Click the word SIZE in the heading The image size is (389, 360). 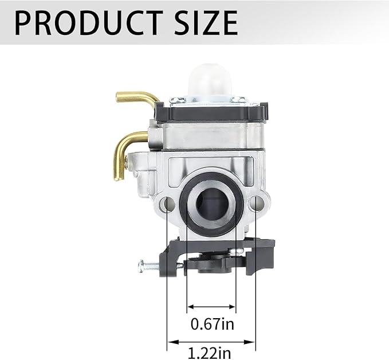(206, 22)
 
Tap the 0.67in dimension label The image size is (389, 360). (213, 324)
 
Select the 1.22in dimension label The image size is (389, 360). (210, 353)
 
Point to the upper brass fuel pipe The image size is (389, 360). (136, 99)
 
